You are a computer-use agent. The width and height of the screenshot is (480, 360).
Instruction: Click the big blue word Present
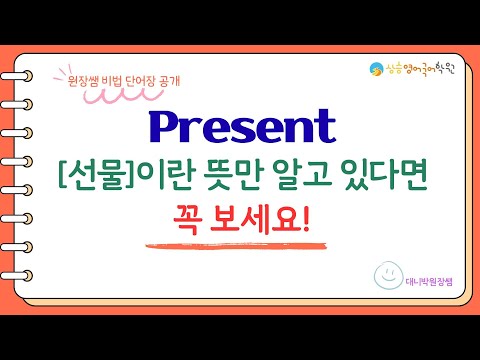[x=241, y=129]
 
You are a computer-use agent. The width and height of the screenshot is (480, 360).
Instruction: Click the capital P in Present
[x=165, y=127]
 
